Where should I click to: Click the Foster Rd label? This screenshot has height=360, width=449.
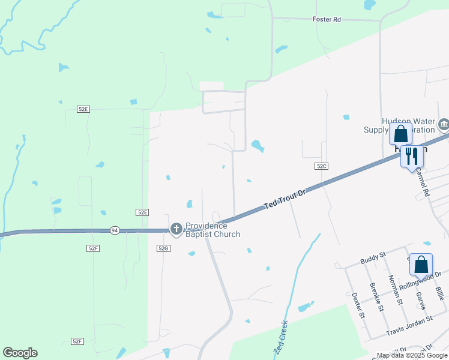pos(327,20)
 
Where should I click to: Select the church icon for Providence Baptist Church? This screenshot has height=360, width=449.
pos(176,228)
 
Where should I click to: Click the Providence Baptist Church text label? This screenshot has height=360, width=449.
pos(212,230)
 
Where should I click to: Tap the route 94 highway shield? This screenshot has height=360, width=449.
pos(115,230)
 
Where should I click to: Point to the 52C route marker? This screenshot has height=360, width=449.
pos(321,166)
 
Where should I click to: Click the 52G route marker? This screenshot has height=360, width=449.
pos(163,248)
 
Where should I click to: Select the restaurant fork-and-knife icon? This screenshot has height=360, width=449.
pos(411,156)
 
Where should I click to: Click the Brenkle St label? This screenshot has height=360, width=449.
pos(376,297)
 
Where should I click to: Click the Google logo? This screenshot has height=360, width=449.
pos(20,353)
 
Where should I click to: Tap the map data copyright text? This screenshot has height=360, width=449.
pos(412,356)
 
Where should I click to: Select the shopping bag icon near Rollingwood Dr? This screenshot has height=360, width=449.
pos(421,263)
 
